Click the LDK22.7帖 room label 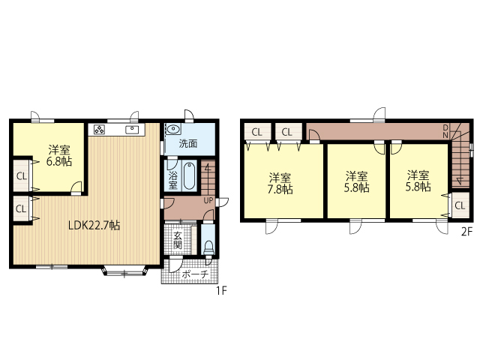click(x=94, y=226)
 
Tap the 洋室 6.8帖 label click(x=59, y=155)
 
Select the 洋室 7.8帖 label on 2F click(x=280, y=184)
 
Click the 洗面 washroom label click(x=188, y=143)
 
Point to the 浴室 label click(x=173, y=181)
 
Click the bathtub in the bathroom click(x=190, y=175)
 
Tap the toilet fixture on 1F click(x=208, y=247)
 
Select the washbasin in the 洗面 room click(x=173, y=129)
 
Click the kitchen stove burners click(x=100, y=130)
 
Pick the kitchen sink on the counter click(x=132, y=130)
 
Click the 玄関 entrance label click(x=178, y=240)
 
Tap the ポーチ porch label click(x=195, y=274)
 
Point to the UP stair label click(x=208, y=201)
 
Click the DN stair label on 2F click(x=445, y=131)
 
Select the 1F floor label click(x=222, y=290)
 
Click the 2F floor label click(x=466, y=232)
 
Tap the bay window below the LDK click(x=124, y=271)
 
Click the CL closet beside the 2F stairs click(x=460, y=205)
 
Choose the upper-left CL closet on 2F click(x=257, y=132)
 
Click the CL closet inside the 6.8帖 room click(x=22, y=176)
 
